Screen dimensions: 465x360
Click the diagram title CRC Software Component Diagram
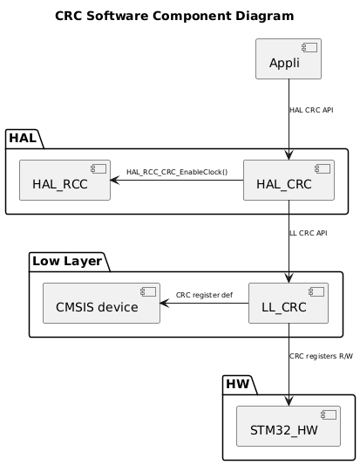[173, 16]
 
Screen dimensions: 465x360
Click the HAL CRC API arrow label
[311, 110]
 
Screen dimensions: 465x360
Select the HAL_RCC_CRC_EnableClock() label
[176, 172]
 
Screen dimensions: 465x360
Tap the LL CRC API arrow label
[308, 233]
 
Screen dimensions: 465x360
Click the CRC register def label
[204, 295]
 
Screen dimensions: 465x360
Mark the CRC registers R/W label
[321, 356]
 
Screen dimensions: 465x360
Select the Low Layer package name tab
[67, 260]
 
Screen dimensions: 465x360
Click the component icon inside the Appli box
[312, 47]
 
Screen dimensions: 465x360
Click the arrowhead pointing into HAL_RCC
[115, 181]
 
